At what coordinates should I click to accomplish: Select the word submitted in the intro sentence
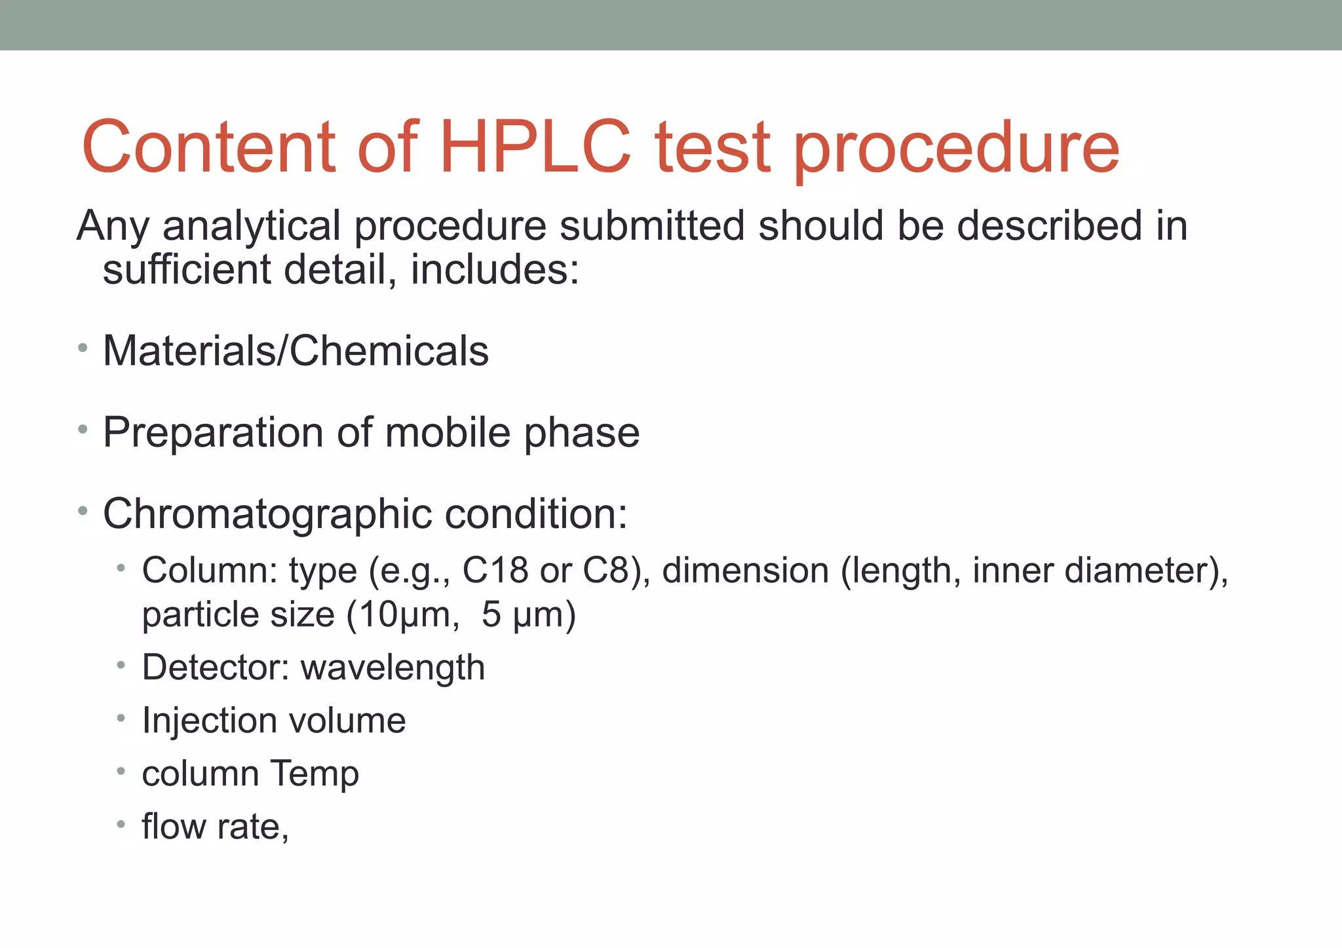(x=652, y=226)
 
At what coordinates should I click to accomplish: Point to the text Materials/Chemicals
(x=296, y=351)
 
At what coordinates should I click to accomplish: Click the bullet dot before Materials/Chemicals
(x=83, y=348)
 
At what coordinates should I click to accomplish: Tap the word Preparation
(x=213, y=433)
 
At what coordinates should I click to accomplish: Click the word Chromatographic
(x=267, y=514)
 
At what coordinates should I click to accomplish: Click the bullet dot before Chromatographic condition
(x=83, y=510)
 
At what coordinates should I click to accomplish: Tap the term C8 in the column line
(x=606, y=571)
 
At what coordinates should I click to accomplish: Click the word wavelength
(x=393, y=668)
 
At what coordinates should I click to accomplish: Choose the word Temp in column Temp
(x=315, y=774)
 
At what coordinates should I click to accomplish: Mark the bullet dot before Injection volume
(x=121, y=719)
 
